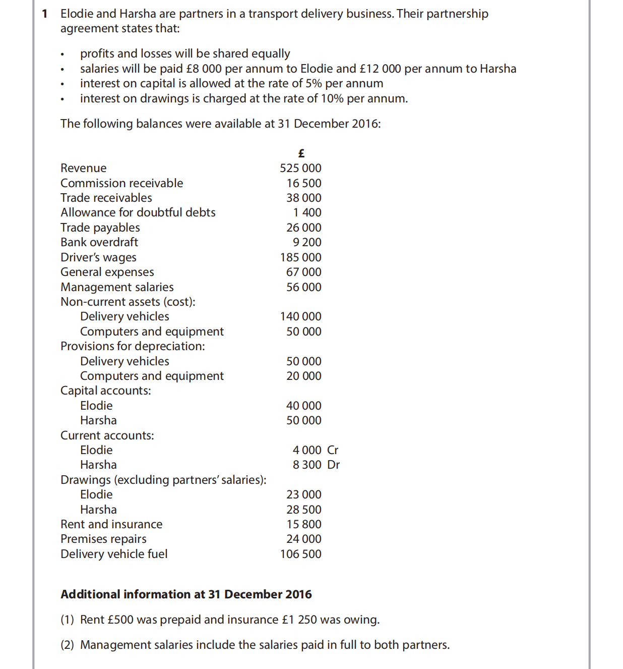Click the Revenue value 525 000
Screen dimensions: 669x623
coord(300,168)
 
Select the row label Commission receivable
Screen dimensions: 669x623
coord(121,183)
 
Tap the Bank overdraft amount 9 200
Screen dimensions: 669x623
coord(307,242)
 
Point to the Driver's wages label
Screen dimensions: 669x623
coord(98,257)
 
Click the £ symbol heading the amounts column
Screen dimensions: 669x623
coord(301,153)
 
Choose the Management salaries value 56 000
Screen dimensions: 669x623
coord(303,287)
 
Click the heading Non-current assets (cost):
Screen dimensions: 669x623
coord(128,302)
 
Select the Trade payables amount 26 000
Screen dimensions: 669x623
coord(303,228)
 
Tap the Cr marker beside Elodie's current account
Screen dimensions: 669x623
coord(333,450)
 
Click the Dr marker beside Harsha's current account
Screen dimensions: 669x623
coord(333,465)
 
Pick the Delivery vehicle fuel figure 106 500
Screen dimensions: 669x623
coord(300,554)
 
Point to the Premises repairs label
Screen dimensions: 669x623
coord(103,539)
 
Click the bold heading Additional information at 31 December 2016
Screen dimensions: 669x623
coord(186,594)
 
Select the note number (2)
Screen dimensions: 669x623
coord(67,645)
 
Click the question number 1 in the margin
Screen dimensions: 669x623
coord(45,14)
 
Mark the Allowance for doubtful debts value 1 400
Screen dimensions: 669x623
coord(307,212)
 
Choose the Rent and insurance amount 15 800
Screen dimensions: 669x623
coord(303,524)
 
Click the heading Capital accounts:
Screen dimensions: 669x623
coord(105,391)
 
